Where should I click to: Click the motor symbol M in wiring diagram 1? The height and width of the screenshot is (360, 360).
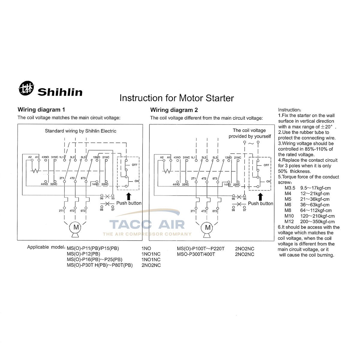click(x=76, y=227)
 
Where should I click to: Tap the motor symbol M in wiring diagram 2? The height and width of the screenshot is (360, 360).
click(x=208, y=227)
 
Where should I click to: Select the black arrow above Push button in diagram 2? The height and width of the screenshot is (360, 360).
click(x=260, y=197)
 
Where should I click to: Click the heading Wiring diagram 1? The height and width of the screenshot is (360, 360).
click(x=41, y=110)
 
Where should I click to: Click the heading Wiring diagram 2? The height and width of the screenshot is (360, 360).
click(x=174, y=110)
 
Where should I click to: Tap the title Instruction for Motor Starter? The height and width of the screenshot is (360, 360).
click(x=176, y=98)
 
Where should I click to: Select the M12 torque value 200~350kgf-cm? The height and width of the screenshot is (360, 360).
click(x=317, y=222)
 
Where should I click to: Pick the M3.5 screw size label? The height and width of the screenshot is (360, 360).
click(x=290, y=188)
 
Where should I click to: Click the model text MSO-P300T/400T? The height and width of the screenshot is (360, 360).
click(x=196, y=254)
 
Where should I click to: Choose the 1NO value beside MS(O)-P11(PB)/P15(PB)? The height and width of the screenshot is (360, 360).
click(x=146, y=249)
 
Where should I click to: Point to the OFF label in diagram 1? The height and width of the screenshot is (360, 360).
click(x=135, y=165)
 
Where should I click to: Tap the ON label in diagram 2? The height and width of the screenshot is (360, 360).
click(x=268, y=181)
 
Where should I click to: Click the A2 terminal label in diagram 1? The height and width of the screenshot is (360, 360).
click(x=30, y=157)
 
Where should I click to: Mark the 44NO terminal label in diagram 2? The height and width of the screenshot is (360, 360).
click(x=176, y=184)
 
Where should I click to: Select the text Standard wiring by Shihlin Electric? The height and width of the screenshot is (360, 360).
click(x=80, y=131)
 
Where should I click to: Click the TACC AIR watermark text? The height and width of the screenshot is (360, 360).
click(x=147, y=224)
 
